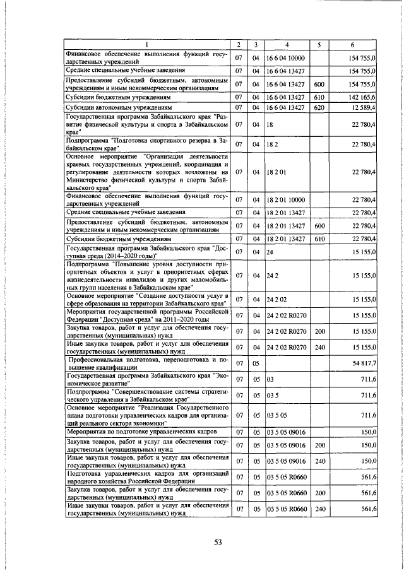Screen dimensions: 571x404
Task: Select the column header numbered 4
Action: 287,44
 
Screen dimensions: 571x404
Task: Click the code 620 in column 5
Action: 319,109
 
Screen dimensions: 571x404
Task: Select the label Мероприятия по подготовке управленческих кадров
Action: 140,432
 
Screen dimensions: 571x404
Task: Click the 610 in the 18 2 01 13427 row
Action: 319,239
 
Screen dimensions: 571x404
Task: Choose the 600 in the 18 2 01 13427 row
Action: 319,226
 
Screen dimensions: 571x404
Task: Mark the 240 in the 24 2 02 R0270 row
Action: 319,347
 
